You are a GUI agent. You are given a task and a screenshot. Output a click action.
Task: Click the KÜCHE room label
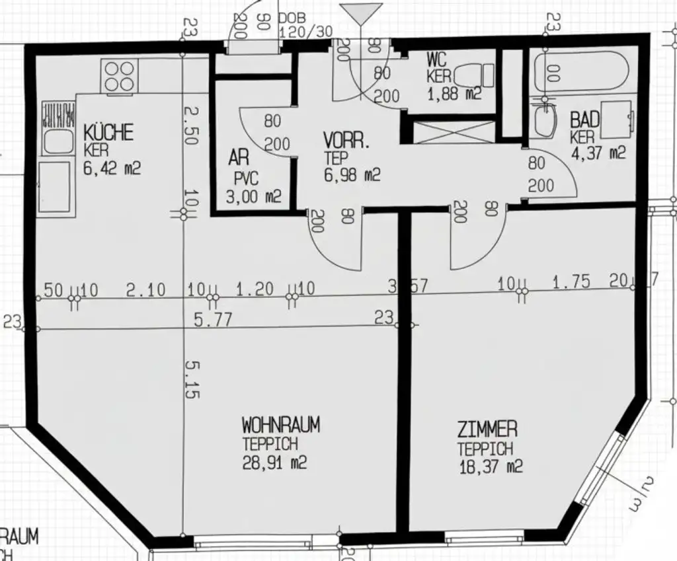108,132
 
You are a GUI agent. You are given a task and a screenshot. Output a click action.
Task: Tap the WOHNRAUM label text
280,424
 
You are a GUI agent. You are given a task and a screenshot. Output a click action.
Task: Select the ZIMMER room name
487,430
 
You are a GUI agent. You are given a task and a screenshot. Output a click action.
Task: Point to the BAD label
585,120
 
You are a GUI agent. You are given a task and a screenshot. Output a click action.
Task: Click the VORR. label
346,141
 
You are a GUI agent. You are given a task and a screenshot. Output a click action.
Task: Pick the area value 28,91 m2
275,462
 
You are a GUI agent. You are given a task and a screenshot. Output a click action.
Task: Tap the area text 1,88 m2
454,93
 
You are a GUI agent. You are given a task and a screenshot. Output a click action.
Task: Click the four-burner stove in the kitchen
119,76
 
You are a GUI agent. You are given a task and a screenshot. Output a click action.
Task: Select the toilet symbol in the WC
478,74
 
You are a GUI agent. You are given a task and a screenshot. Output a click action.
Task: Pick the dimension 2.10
143,289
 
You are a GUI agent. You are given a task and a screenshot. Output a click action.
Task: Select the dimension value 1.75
571,283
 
